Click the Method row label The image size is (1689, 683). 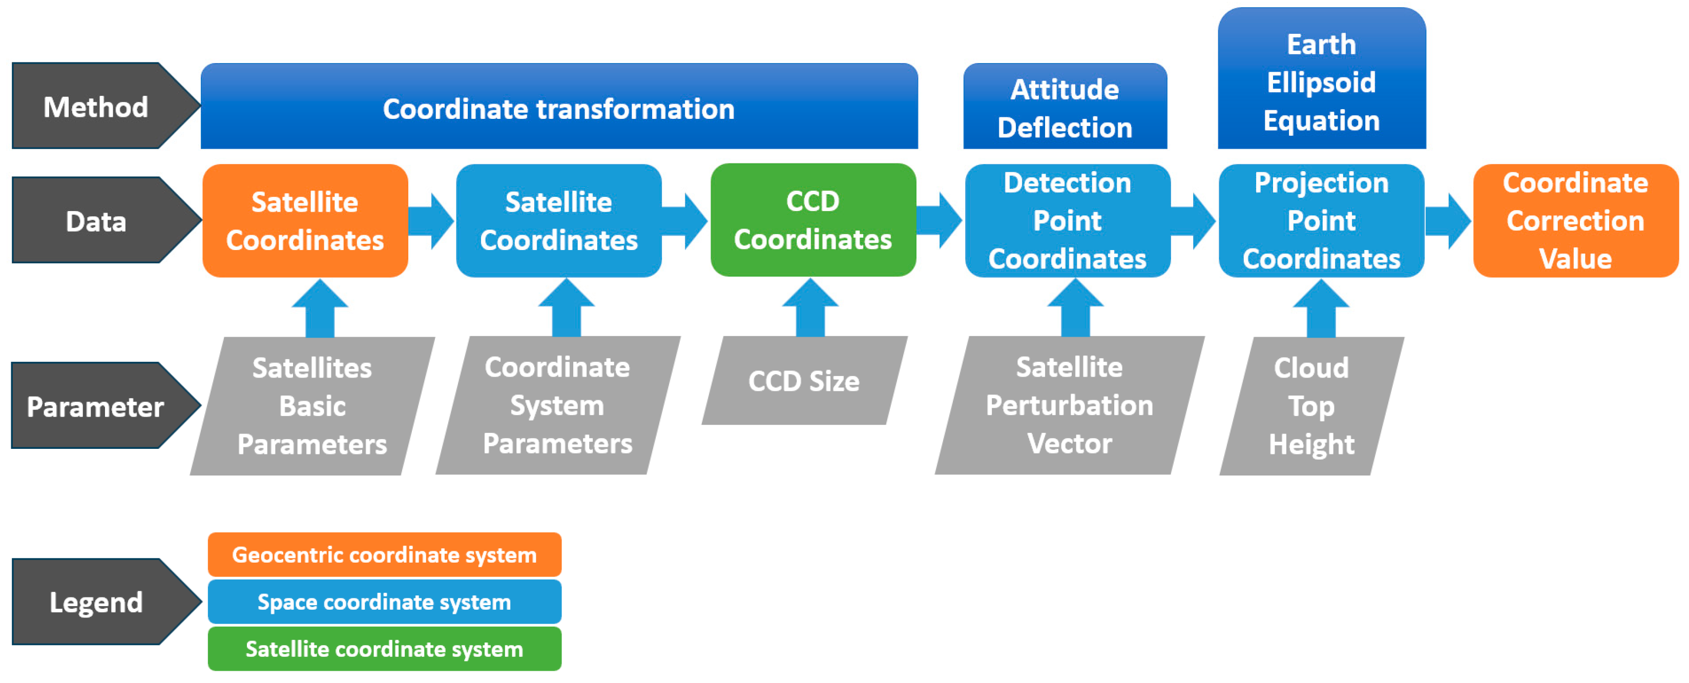click(96, 106)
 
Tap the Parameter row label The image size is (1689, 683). click(96, 406)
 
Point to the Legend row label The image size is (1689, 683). click(96, 602)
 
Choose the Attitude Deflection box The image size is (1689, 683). click(1065, 107)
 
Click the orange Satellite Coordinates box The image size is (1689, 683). click(305, 220)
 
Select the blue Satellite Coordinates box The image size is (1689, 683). click(558, 220)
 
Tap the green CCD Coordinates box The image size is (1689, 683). click(813, 220)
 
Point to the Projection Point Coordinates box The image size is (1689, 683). click(1321, 220)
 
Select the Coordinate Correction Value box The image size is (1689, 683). click(1575, 220)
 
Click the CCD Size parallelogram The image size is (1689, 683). click(804, 381)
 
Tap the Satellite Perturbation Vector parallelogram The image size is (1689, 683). click(1069, 405)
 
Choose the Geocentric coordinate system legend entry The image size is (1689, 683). click(384, 554)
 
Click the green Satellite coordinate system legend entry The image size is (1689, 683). click(384, 648)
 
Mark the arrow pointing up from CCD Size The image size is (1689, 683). click(810, 308)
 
